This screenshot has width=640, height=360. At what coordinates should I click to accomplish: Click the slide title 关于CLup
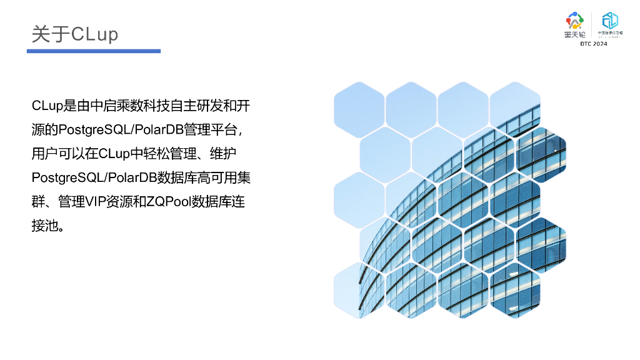pyautogui.click(x=75, y=34)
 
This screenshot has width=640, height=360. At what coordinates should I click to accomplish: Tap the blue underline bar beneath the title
pyautogui.click(x=94, y=51)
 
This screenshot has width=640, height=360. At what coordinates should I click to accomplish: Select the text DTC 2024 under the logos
pyautogui.click(x=593, y=44)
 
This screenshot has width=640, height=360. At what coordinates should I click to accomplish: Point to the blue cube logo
pyautogui.click(x=609, y=20)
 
